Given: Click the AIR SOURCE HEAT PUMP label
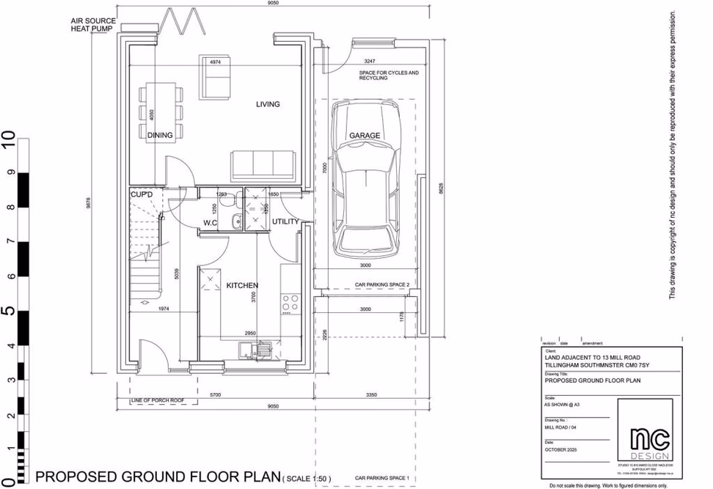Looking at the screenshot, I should pyautogui.click(x=92, y=25).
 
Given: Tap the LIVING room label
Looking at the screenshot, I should pyautogui.click(x=268, y=104).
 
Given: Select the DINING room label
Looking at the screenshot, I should pyautogui.click(x=160, y=136).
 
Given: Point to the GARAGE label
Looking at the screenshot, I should pyautogui.click(x=365, y=136).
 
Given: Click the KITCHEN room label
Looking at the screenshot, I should pyautogui.click(x=242, y=285).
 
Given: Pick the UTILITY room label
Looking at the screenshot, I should pyautogui.click(x=285, y=221).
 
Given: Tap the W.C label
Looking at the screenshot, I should pyautogui.click(x=211, y=222).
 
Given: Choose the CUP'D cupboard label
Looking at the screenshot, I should pyautogui.click(x=142, y=194).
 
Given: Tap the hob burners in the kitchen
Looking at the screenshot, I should pyautogui.click(x=290, y=302).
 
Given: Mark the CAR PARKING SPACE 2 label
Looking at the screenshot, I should pyautogui.click(x=382, y=284).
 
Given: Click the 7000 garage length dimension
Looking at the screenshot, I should pyautogui.click(x=323, y=168).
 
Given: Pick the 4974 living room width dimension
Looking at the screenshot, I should pyautogui.click(x=216, y=62).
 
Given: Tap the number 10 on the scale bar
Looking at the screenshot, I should pyautogui.click(x=9, y=139).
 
